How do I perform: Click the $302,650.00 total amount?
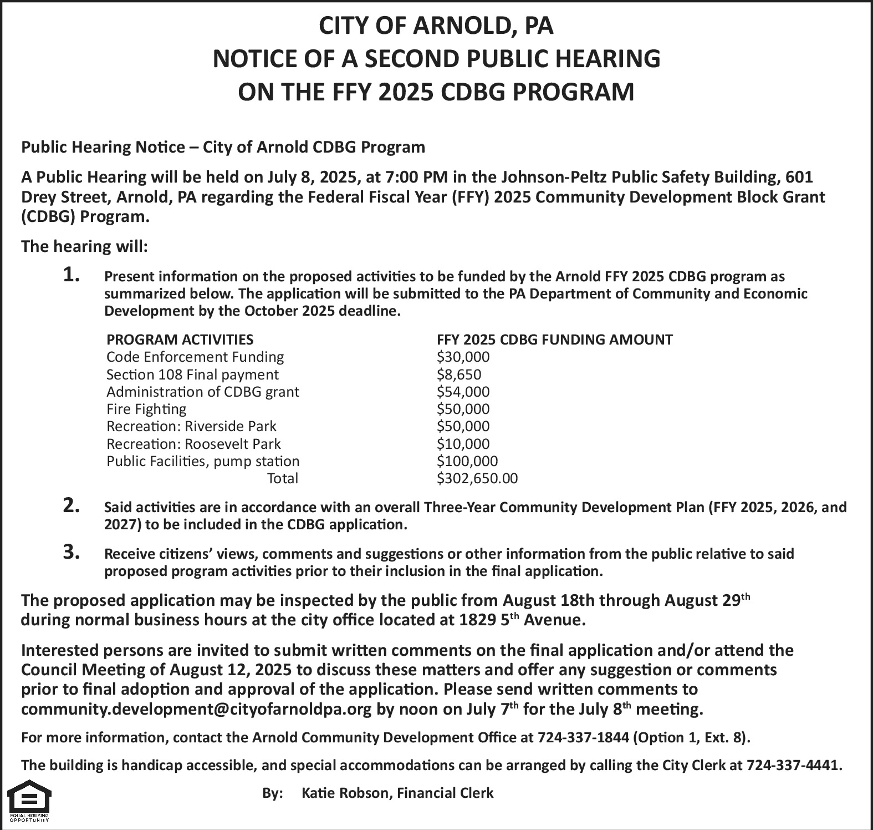point(477,478)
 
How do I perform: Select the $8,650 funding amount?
point(459,374)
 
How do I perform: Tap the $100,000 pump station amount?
point(467,461)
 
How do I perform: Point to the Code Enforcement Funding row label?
point(195,357)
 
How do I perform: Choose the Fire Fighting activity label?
point(146,409)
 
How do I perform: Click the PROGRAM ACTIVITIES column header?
point(180,340)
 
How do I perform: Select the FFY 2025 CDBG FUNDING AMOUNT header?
point(555,340)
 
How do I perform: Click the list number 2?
point(72,505)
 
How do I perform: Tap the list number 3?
point(72,552)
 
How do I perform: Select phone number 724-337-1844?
point(583,737)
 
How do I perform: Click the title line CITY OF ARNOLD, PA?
point(436,26)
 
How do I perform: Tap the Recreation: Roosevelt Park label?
point(193,444)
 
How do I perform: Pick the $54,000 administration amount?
point(463,392)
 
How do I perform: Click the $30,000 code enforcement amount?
point(463,357)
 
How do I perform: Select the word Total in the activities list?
point(283,478)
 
